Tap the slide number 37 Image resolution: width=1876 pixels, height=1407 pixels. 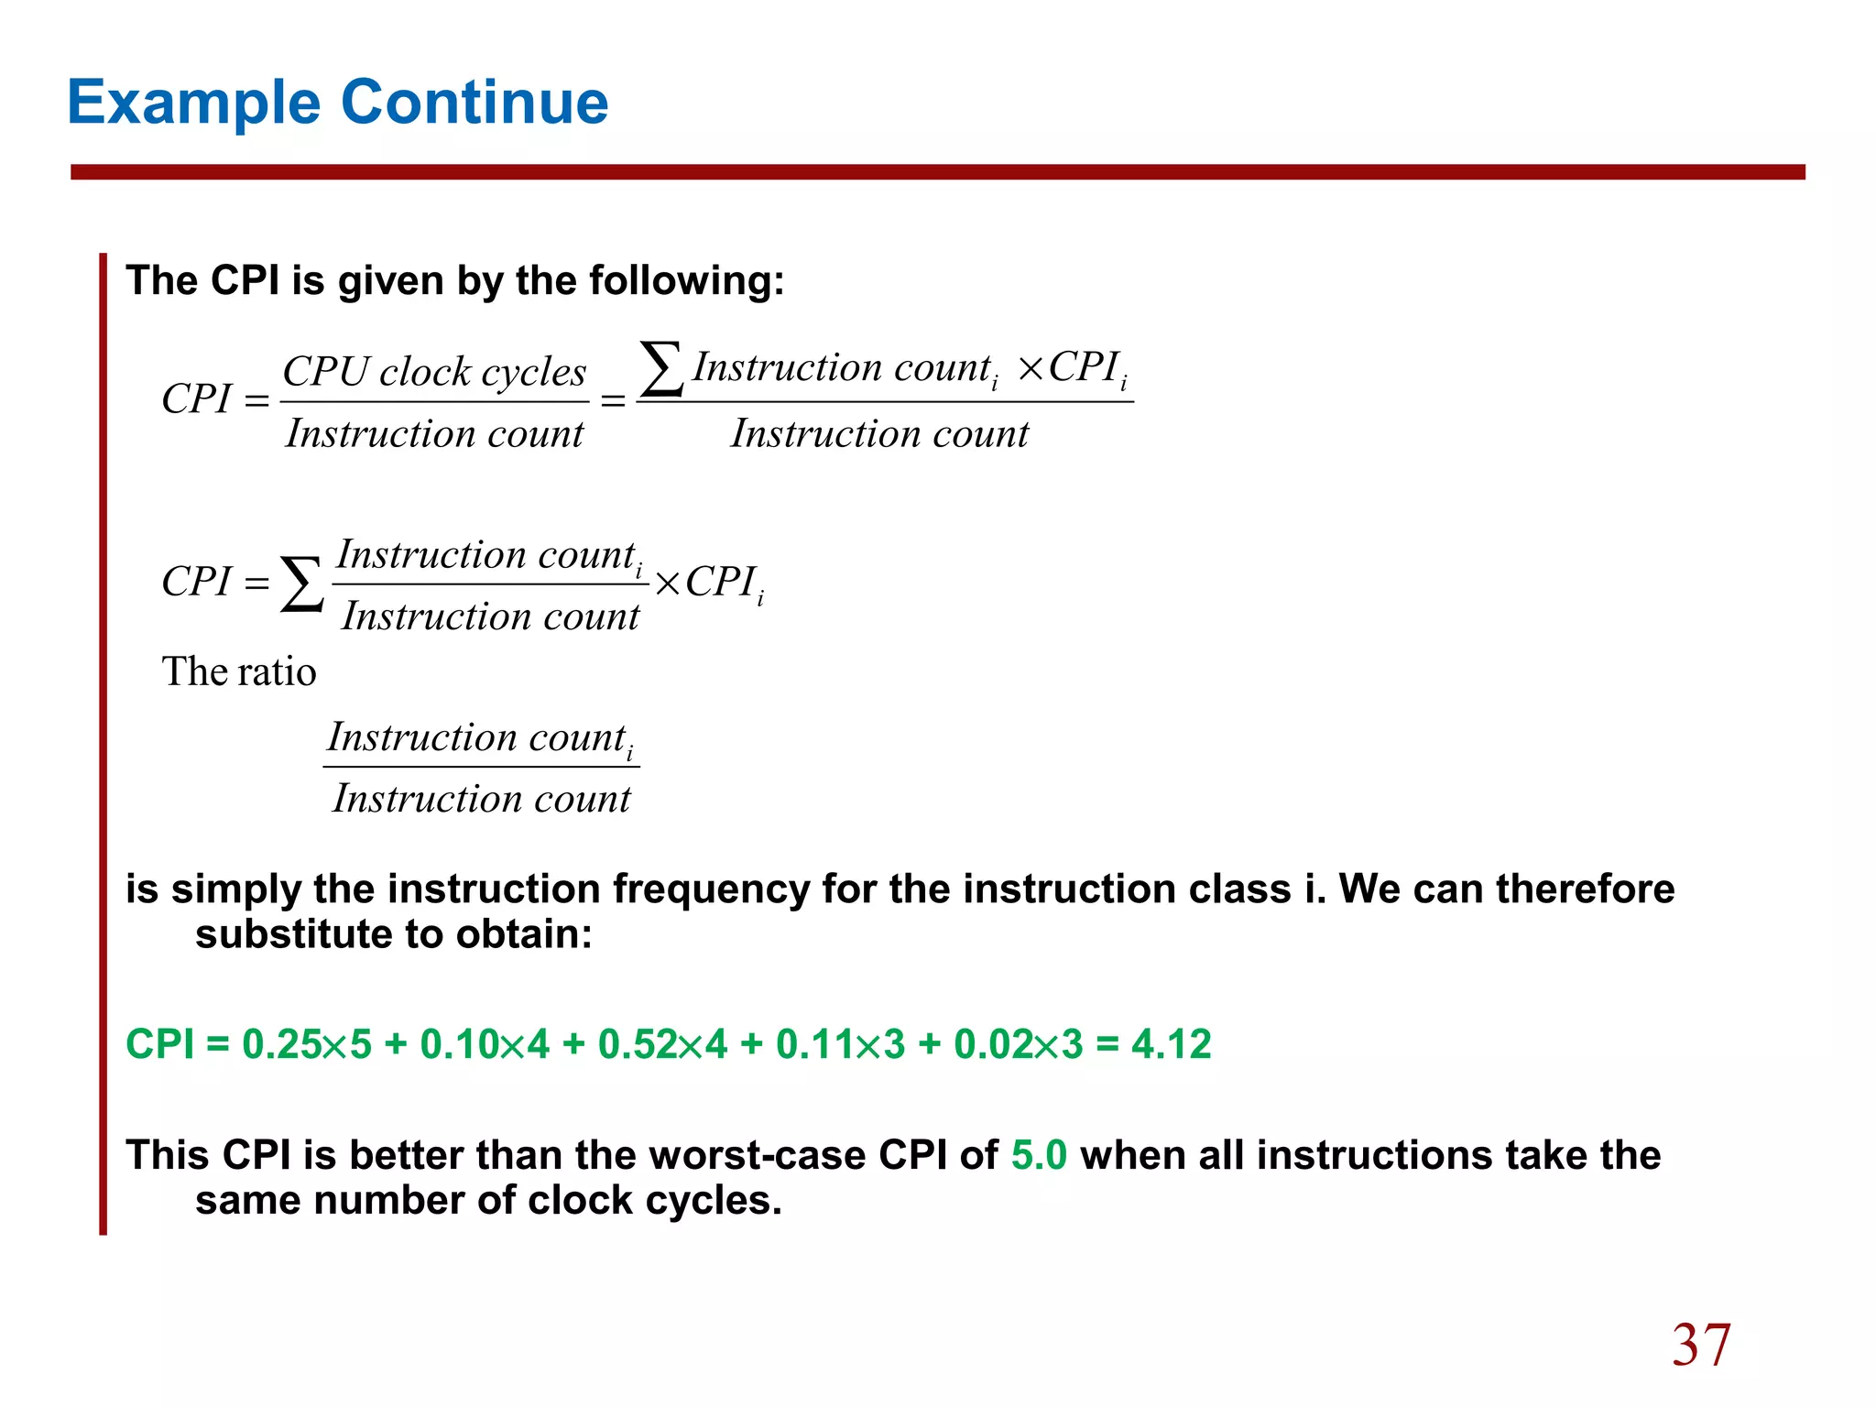[1701, 1345]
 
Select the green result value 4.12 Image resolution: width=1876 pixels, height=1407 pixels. [1171, 1044]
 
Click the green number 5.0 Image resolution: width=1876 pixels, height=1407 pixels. [1039, 1155]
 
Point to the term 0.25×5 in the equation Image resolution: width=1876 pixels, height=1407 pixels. [307, 1044]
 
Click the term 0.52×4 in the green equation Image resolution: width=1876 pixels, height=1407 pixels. [662, 1044]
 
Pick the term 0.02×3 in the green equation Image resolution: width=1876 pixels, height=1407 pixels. [1018, 1044]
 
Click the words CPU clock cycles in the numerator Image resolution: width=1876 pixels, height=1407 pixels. [434, 372]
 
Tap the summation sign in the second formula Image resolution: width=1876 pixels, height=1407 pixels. [302, 584]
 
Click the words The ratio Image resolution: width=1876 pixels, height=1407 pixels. [239, 671]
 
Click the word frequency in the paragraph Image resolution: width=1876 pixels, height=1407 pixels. [711, 889]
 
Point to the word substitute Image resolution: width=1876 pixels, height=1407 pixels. [293, 934]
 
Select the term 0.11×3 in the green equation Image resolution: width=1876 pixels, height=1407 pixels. [840, 1044]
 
